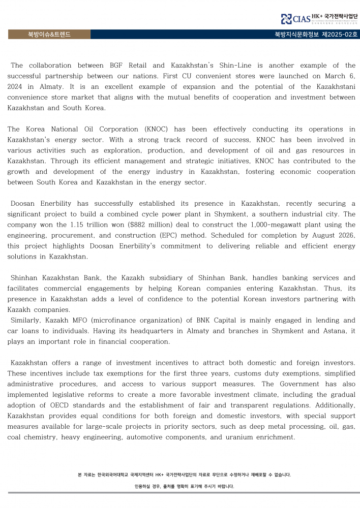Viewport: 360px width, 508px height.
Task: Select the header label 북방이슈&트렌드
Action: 49,35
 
